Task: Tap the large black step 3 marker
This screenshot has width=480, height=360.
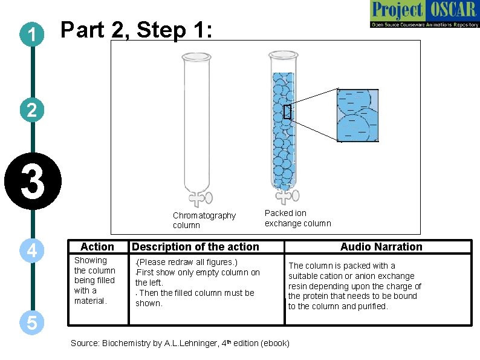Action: [x=33, y=183]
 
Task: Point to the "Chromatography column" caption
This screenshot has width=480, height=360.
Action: [x=204, y=220]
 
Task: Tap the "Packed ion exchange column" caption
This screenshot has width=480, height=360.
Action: [x=297, y=218]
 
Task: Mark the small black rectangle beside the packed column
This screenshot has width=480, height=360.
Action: [x=287, y=111]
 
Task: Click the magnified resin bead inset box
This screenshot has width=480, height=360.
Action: [x=357, y=114]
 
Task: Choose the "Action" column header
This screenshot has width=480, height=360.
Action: [x=97, y=247]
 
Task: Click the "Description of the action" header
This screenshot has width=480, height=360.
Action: [x=195, y=247]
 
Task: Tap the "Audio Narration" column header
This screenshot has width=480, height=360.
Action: [x=381, y=247]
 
